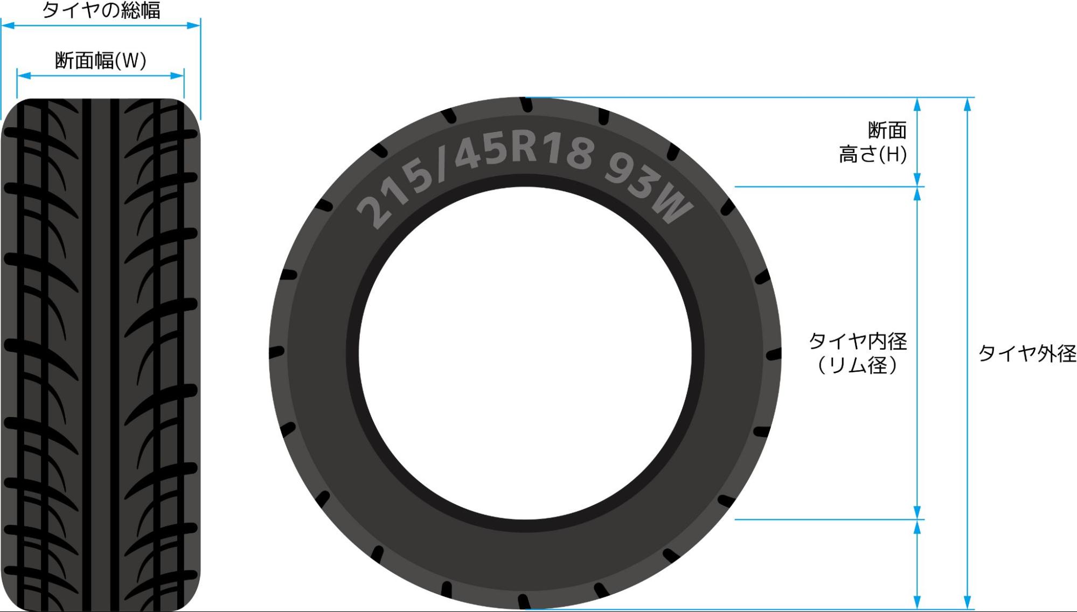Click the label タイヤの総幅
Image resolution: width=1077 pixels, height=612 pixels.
[101, 10]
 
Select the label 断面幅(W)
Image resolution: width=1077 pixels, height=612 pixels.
[101, 60]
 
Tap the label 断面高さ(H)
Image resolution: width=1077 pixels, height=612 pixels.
[873, 142]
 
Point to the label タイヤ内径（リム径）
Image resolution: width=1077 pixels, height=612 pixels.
[858, 353]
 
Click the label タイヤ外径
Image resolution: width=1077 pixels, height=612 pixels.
[1027, 353]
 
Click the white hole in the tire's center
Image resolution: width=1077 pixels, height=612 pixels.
[525, 353]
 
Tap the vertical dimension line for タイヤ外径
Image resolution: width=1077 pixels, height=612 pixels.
[968, 353]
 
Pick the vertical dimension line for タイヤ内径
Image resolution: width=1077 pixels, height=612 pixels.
[918, 353]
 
